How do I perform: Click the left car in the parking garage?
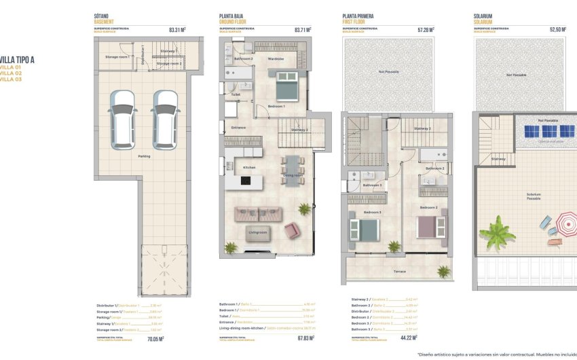pos(122,120)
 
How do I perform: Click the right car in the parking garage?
pos(165,120)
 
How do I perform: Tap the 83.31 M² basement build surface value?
pos(177,30)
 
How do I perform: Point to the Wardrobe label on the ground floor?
pos(276,59)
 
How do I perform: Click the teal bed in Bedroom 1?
pos(286,88)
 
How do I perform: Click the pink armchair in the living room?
pos(292,230)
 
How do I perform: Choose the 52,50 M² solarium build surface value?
pos(557,30)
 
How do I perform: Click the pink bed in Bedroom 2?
pos(430,226)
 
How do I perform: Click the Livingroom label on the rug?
pos(257,232)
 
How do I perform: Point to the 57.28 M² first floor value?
pos(425,30)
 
